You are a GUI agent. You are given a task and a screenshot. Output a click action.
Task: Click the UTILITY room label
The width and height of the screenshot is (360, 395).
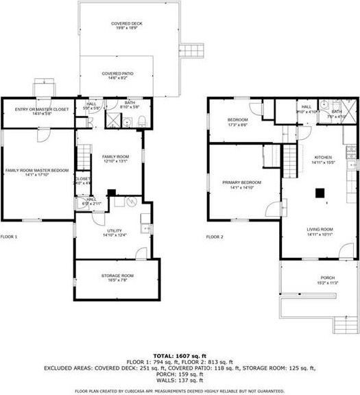pyautogui.click(x=110, y=233)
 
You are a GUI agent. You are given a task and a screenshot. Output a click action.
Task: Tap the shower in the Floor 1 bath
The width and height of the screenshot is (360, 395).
pyautogui.click(x=109, y=121)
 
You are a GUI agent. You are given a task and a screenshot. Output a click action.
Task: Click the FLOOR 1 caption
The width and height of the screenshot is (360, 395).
pyautogui.click(x=10, y=237)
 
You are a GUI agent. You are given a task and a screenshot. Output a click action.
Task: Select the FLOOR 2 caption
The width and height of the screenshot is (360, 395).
pyautogui.click(x=215, y=237)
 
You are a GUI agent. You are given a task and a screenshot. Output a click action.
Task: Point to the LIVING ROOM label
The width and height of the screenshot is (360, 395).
pyautogui.click(x=320, y=232)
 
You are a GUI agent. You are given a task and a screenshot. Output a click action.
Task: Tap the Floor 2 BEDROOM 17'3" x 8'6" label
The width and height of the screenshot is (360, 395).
pyautogui.click(x=237, y=122)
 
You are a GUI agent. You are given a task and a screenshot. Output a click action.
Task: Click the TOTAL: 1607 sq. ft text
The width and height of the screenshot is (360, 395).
pyautogui.click(x=180, y=355)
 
